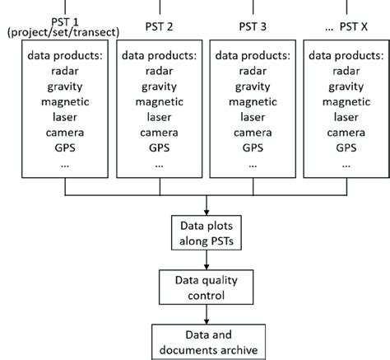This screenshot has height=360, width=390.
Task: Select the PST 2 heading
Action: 158,26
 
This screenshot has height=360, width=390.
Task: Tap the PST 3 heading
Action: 251,26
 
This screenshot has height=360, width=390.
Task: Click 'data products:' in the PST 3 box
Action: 251,57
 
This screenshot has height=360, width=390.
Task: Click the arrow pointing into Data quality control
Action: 206,261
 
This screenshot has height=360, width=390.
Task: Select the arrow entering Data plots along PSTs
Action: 206,208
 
